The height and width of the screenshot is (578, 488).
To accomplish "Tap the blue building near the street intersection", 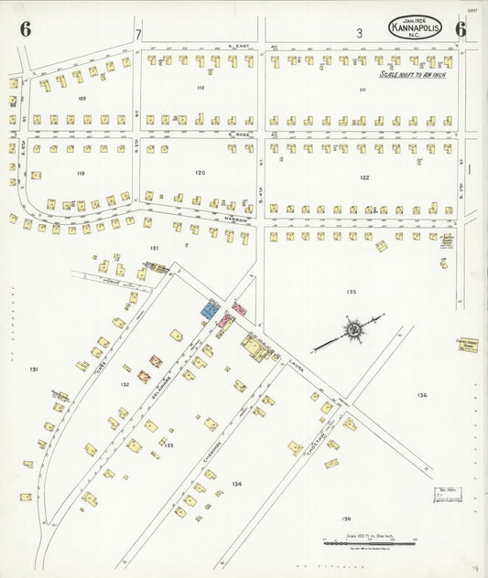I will pos(211,309).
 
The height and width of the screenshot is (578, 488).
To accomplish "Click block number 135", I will pos(351,292).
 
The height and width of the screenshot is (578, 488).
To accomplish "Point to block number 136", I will pos(421,395).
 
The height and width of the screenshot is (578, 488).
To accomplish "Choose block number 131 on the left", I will pos(33,369).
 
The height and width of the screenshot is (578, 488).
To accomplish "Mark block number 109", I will pos(81,97).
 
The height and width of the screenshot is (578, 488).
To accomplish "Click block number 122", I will pos(364,177).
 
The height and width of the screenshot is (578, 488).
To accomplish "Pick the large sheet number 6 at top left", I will pos(26,29).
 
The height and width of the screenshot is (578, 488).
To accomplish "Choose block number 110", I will pos(200,88).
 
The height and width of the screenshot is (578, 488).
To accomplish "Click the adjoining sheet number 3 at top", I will pos(360,33).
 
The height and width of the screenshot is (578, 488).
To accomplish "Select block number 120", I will pos(200,172).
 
